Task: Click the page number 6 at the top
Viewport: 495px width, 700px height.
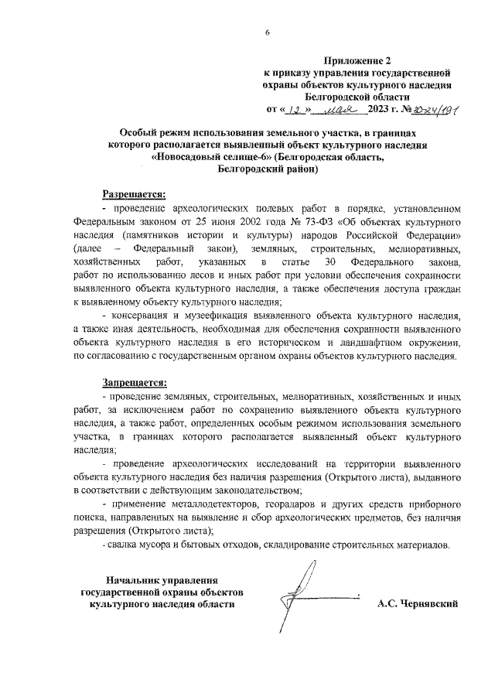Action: pyautogui.click(x=267, y=31)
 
